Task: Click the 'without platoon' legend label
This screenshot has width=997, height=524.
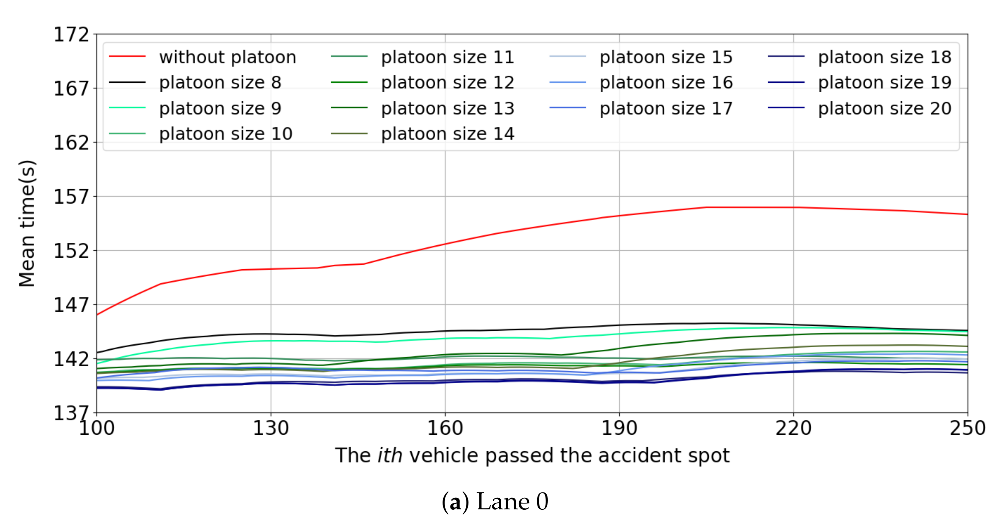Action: (227, 57)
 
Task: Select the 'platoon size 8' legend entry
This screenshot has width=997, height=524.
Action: (220, 82)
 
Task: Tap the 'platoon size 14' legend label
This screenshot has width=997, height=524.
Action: (448, 134)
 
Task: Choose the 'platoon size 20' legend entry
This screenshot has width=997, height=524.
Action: (884, 108)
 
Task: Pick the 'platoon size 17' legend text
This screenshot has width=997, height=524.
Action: (666, 108)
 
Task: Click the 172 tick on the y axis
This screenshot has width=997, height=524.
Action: (71, 35)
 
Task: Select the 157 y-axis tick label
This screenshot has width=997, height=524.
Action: (71, 197)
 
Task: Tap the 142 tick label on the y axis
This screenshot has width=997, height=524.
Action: (71, 359)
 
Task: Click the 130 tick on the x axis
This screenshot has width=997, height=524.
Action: (271, 428)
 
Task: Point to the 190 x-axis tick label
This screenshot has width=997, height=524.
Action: (619, 428)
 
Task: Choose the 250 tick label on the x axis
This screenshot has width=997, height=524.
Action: (967, 428)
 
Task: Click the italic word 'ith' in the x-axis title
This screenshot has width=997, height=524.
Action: (389, 455)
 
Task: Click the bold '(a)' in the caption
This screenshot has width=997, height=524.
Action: (455, 502)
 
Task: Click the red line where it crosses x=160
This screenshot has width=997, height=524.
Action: (445, 244)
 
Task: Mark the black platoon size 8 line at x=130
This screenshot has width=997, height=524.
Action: (271, 334)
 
